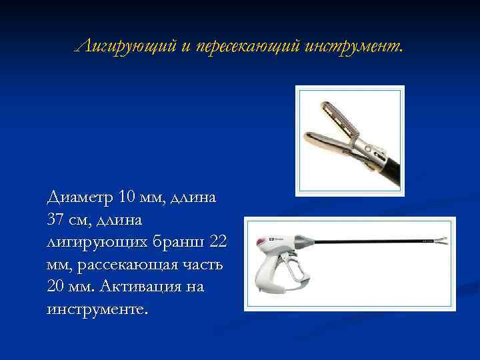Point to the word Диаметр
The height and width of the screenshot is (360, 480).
pyautogui.click(x=80, y=197)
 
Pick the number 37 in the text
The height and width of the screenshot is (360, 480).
pyautogui.click(x=59, y=219)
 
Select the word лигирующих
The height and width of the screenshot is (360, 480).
pyautogui.click(x=94, y=242)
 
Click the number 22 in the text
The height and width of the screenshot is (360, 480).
pyautogui.click(x=218, y=242)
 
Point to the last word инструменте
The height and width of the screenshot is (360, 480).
pyautogui.click(x=96, y=310)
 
